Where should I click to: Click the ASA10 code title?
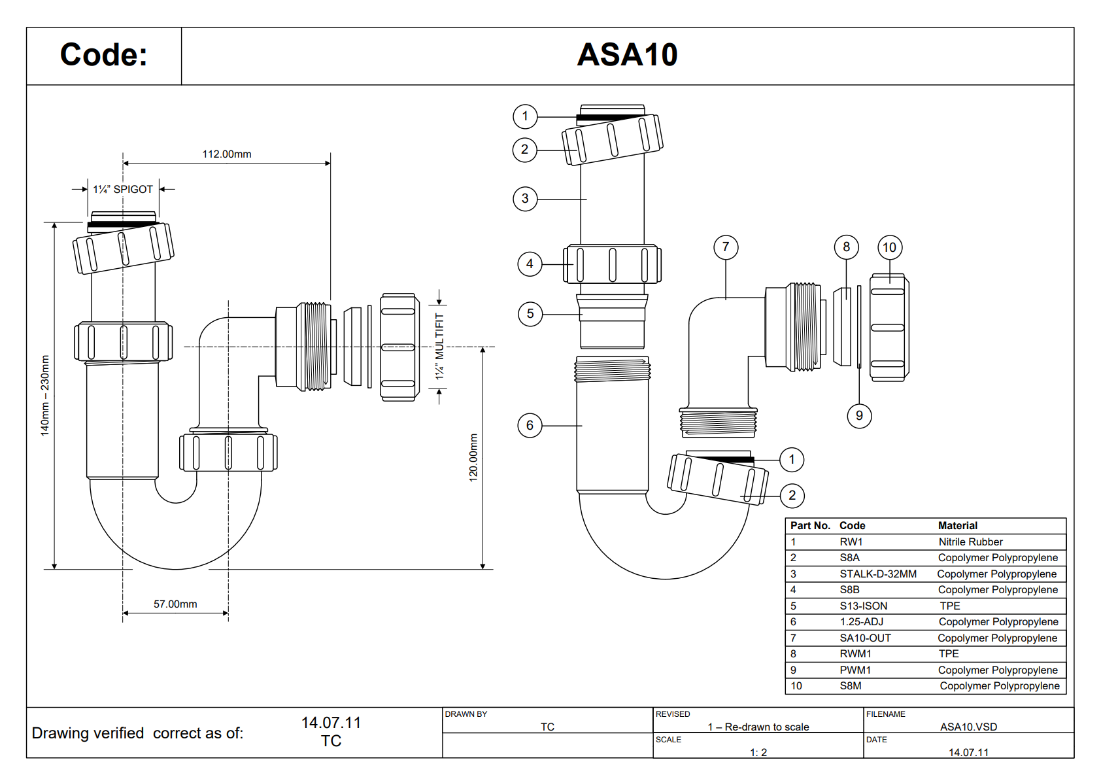627,55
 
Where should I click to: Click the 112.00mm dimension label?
227,154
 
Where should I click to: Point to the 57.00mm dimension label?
175,604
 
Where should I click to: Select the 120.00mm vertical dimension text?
473,458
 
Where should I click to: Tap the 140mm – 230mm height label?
45,396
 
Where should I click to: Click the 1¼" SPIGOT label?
123,190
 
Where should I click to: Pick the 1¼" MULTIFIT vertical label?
439,346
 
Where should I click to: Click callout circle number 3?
525,199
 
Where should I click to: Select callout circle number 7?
726,247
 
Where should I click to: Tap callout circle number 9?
859,415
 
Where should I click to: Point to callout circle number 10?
889,247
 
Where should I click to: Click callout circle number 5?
530,314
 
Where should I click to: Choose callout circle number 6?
530,426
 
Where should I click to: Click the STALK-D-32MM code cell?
878,574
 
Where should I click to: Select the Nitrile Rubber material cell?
970,542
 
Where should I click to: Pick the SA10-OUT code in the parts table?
865,638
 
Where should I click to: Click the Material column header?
958,526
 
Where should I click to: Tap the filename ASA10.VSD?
968,727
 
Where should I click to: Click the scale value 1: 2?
758,752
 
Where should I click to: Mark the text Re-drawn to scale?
766,727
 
